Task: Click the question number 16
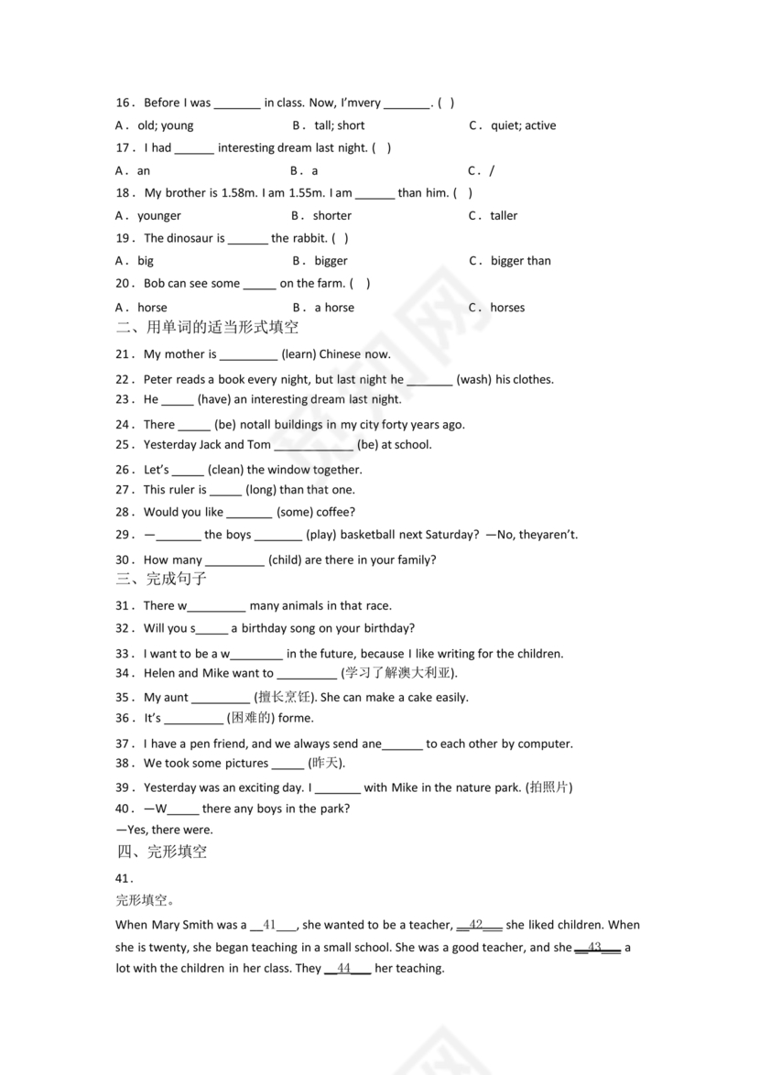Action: (125, 103)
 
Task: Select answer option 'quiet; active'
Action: (523, 125)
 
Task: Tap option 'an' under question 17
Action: (144, 170)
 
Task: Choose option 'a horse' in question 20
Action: (334, 308)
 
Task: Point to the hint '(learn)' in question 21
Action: (299, 354)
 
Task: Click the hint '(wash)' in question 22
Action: (473, 379)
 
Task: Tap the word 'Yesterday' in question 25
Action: (169, 445)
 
